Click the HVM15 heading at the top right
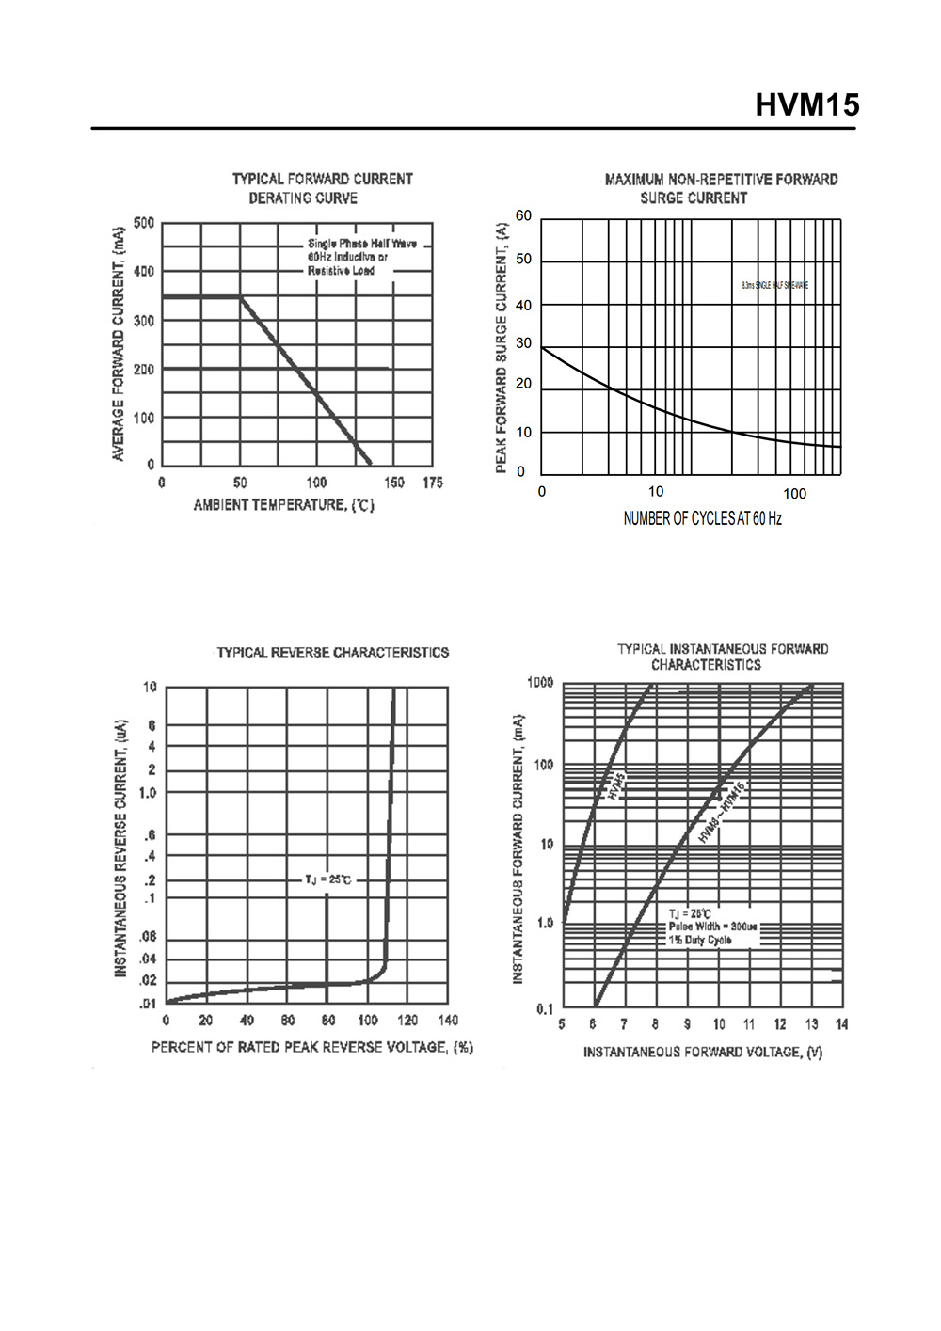point(806,104)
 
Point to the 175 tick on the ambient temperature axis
point(432,483)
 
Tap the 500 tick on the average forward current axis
point(144,223)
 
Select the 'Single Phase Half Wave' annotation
point(362,244)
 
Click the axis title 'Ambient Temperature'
point(283,505)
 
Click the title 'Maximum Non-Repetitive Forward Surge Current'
point(721,188)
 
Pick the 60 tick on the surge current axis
point(523,216)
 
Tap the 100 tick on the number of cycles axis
point(794,493)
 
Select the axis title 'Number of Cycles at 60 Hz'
point(702,518)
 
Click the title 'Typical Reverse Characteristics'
point(332,652)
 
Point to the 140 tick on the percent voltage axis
point(448,1021)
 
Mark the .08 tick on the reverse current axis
point(149,937)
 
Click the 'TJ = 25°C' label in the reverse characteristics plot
point(327,879)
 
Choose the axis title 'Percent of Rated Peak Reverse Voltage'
point(311,1047)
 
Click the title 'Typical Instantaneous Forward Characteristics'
point(722,657)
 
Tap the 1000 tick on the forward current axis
point(540,682)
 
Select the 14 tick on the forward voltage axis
point(841,1024)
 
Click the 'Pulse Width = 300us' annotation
point(712,927)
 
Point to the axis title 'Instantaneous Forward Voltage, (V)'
point(702,1052)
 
